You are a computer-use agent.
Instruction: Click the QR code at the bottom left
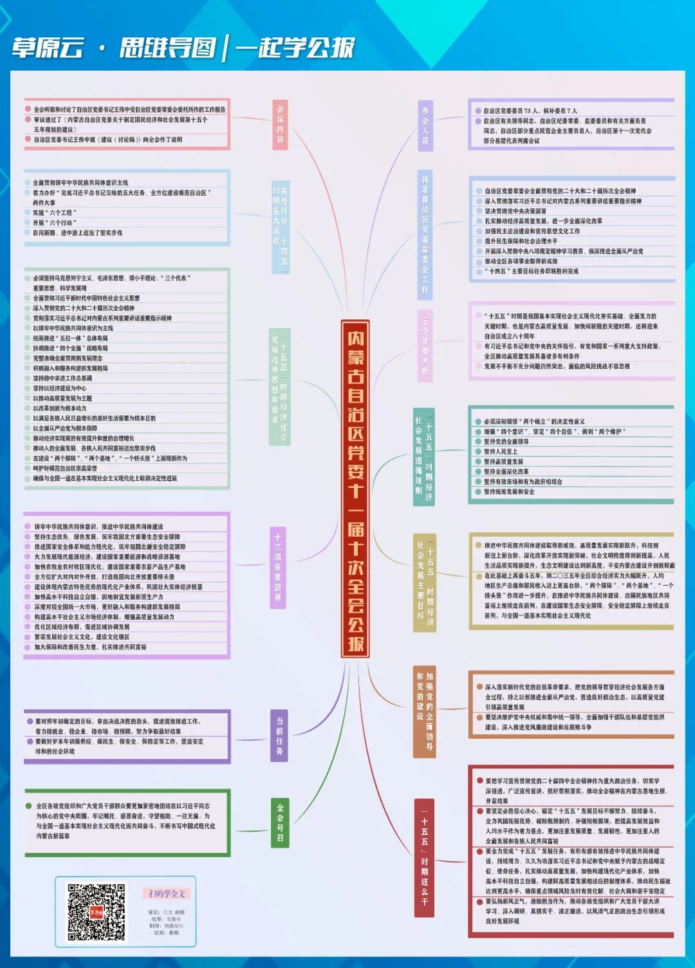pos(96,913)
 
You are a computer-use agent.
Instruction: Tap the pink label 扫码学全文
pos(167,893)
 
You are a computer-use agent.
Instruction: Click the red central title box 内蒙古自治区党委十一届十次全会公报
pos(355,489)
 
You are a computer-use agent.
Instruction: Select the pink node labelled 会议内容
pos(280,125)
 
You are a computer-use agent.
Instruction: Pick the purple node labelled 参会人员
pos(425,126)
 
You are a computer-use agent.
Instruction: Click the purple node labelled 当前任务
pos(279,736)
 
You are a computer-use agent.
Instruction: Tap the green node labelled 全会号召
pos(280,823)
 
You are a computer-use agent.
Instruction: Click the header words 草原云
pos(48,48)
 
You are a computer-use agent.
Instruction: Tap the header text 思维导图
pos(167,48)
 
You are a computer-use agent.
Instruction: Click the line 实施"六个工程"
pos(55,212)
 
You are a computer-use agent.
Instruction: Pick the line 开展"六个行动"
pos(55,223)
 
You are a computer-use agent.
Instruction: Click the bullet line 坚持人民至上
pos(501,452)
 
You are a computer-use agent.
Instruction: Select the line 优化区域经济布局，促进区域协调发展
pos(82,627)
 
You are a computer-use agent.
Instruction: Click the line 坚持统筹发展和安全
pos(509,492)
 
